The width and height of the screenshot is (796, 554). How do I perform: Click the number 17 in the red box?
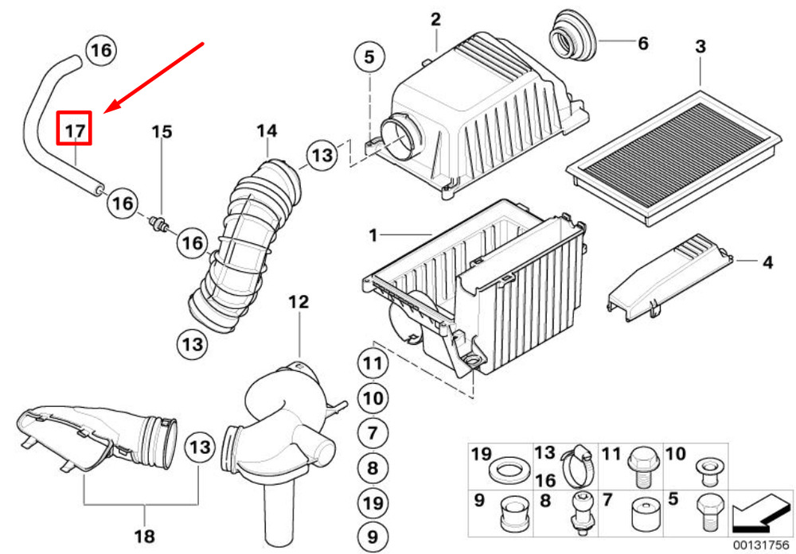pyautogui.click(x=75, y=131)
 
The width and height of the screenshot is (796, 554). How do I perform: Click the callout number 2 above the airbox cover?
pyautogui.click(x=436, y=20)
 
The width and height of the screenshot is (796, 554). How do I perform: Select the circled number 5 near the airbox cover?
pyautogui.click(x=369, y=56)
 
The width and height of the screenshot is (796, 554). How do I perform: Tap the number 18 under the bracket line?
pyautogui.click(x=145, y=536)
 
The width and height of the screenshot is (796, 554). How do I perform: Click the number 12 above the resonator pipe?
pyautogui.click(x=298, y=302)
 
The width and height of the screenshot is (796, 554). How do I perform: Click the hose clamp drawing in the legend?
pyautogui.click(x=576, y=465)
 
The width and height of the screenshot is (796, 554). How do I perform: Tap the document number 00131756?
pyautogui.click(x=760, y=545)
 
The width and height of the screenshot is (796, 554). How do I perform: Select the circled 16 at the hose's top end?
pyautogui.click(x=102, y=50)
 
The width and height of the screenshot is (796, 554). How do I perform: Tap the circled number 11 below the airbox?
pyautogui.click(x=373, y=363)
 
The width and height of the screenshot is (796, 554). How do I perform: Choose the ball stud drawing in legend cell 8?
pyautogui.click(x=580, y=513)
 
